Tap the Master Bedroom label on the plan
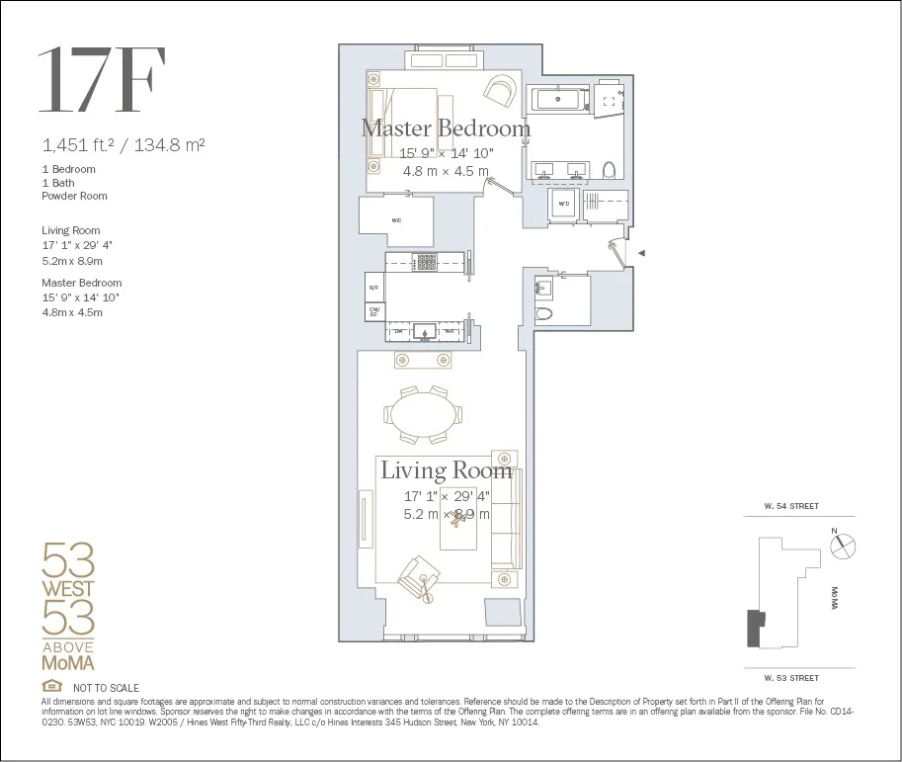click(446, 128)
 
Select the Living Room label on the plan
click(447, 470)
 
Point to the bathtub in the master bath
click(558, 100)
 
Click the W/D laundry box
click(564, 205)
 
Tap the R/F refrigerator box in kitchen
click(374, 288)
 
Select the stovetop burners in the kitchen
click(426, 262)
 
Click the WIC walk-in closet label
click(396, 219)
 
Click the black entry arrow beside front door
click(641, 254)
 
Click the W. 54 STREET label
click(790, 506)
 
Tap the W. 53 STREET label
click(790, 678)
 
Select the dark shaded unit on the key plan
click(756, 628)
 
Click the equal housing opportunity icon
click(51, 687)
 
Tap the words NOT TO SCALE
click(106, 688)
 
